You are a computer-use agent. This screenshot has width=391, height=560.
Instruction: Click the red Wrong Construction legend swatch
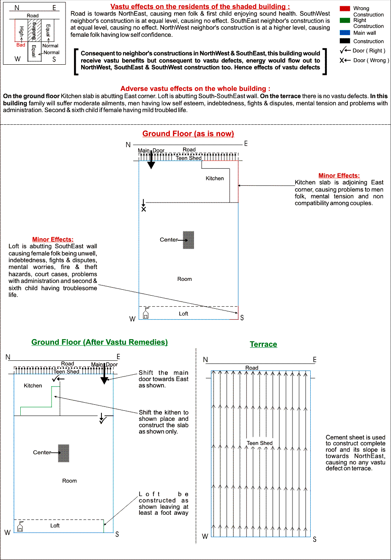point(345,8)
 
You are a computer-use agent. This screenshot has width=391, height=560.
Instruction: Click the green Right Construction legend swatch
point(345,20)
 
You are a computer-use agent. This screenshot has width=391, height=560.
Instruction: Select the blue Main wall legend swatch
point(345,33)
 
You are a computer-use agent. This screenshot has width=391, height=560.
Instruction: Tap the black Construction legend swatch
point(345,41)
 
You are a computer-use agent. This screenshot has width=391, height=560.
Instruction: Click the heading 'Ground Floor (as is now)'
point(188,134)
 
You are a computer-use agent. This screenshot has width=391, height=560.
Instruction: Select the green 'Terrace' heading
point(263,344)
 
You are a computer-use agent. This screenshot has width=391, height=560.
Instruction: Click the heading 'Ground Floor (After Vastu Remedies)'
point(99,342)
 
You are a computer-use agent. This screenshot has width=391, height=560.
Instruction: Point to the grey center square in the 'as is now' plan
point(189,240)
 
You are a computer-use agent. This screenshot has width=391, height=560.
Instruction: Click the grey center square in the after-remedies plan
point(63,453)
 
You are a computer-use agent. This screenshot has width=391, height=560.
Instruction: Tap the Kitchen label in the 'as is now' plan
point(215,178)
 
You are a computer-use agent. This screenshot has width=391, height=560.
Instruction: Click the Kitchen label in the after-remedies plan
point(33,386)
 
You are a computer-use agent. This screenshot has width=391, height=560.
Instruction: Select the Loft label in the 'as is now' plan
point(183,314)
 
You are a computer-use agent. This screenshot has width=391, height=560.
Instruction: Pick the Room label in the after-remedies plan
point(70,481)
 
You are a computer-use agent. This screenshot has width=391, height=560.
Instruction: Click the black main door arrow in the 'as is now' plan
point(151,161)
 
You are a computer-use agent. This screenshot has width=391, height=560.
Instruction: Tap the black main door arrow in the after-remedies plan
point(104,375)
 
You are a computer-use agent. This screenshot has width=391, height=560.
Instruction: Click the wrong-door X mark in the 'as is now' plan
point(144,209)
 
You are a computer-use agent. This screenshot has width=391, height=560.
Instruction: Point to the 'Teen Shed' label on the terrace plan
point(260,443)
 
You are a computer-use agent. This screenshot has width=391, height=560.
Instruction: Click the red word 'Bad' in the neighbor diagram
point(21,45)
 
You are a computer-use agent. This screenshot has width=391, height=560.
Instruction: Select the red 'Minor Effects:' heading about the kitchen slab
point(339,176)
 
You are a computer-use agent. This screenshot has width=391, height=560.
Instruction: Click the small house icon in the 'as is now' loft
point(146,313)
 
